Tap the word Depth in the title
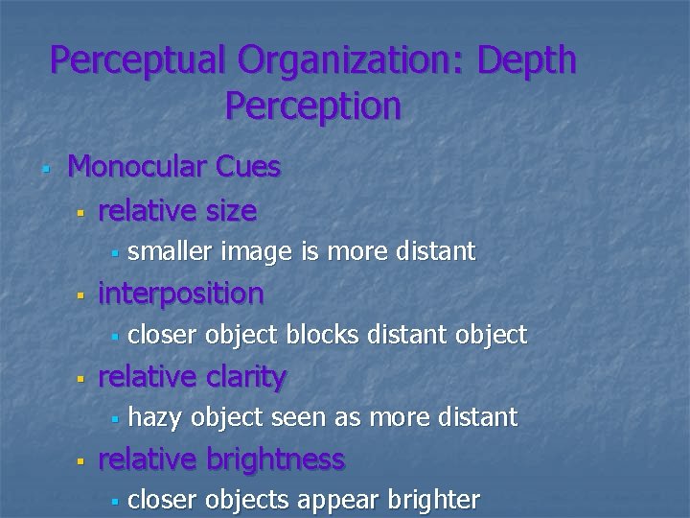[x=527, y=60]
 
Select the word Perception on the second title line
[x=313, y=106]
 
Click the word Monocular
[x=138, y=167]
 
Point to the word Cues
[x=248, y=167]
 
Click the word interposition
[x=181, y=294]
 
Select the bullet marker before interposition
[x=81, y=295]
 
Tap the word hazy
[x=156, y=417]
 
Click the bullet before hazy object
[x=113, y=419]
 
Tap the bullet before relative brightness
[x=81, y=461]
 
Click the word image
[x=258, y=252]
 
